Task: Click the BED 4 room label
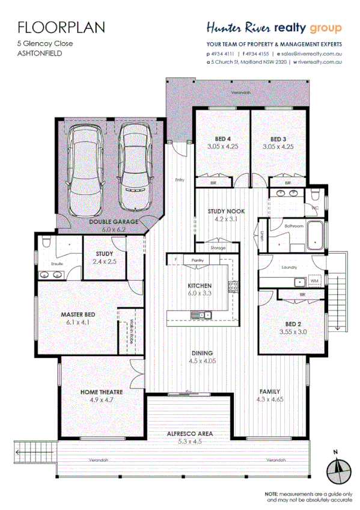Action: coord(219,139)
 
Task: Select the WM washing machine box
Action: coord(314,281)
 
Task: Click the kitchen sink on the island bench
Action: coord(198,315)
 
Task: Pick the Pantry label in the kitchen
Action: coord(198,260)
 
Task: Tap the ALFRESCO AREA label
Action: coord(189,434)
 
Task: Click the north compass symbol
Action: coord(338,469)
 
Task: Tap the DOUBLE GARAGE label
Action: coord(114,222)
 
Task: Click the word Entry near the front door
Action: coord(180,179)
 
